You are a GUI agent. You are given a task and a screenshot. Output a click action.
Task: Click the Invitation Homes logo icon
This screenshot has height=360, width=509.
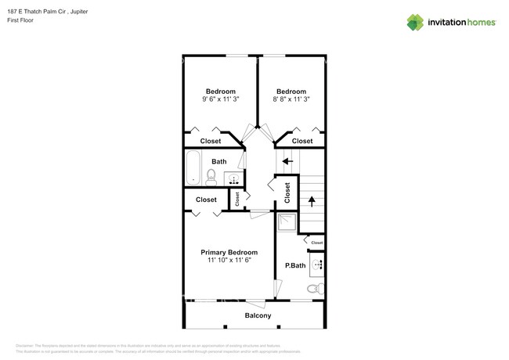(x=416, y=22)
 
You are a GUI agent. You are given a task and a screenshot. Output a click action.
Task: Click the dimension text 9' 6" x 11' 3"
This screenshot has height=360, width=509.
(x=220, y=99)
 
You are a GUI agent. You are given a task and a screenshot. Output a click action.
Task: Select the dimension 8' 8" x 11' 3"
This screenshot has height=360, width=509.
(x=291, y=99)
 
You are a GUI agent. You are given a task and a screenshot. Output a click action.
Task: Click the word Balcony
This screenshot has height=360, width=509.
(x=258, y=315)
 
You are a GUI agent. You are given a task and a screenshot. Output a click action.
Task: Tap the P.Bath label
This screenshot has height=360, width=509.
(x=295, y=266)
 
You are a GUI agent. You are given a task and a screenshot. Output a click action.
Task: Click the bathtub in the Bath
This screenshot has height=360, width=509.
(x=193, y=168)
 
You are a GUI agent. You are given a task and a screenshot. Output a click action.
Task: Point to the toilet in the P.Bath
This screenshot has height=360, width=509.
(x=315, y=289)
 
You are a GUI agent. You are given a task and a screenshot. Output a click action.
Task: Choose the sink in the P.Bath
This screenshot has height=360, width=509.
(x=317, y=265)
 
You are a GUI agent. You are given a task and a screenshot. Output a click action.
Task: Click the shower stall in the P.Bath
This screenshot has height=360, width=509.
(x=287, y=223)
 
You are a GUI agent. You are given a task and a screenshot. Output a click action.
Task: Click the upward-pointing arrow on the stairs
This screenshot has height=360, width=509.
(x=311, y=200)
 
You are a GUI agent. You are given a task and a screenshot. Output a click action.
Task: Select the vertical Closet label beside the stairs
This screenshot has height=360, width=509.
(x=287, y=193)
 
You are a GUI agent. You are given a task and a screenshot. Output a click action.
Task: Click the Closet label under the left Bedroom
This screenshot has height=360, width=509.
(x=211, y=141)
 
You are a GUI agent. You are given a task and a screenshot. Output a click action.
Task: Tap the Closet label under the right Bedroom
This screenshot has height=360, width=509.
(x=302, y=141)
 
